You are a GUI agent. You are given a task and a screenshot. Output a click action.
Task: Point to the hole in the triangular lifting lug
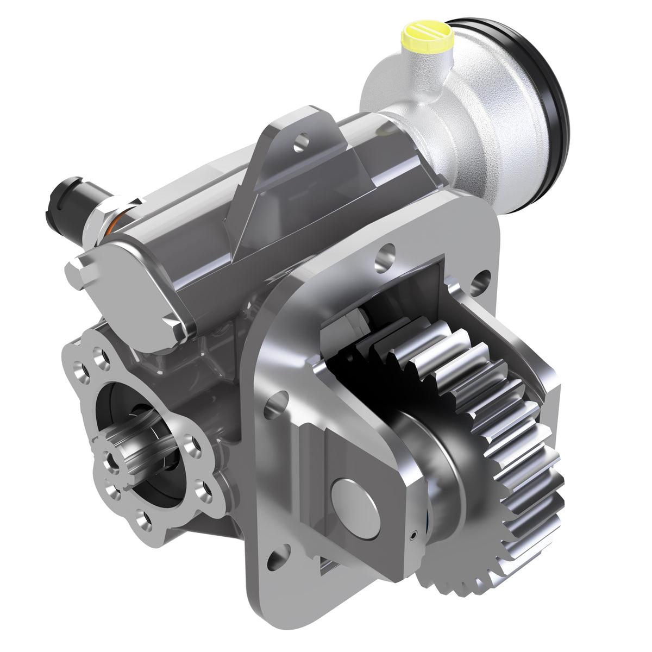pos(300,144)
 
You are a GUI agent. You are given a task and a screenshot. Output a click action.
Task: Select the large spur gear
pos(505,462)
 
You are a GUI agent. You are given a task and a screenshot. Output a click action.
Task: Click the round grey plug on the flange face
pos(355,508)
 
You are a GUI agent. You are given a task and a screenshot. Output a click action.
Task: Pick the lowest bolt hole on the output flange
pos(145,522)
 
